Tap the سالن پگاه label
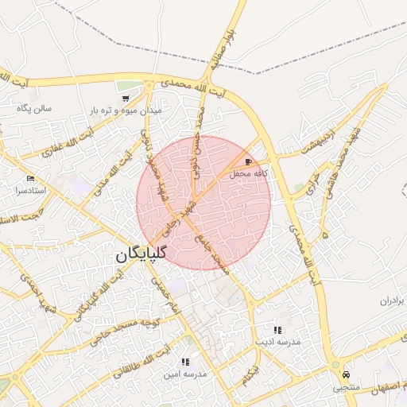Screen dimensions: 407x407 pyautogui.click(x=35, y=109)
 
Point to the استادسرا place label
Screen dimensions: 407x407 pyautogui.click(x=30, y=192)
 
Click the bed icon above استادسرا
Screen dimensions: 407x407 pyautogui.click(x=30, y=178)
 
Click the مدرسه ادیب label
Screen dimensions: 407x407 pyautogui.click(x=277, y=341)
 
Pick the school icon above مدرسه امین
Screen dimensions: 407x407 pyautogui.click(x=185, y=362)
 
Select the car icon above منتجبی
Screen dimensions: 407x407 pyautogui.click(x=346, y=374)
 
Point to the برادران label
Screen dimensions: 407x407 pyautogui.click(x=391, y=301)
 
